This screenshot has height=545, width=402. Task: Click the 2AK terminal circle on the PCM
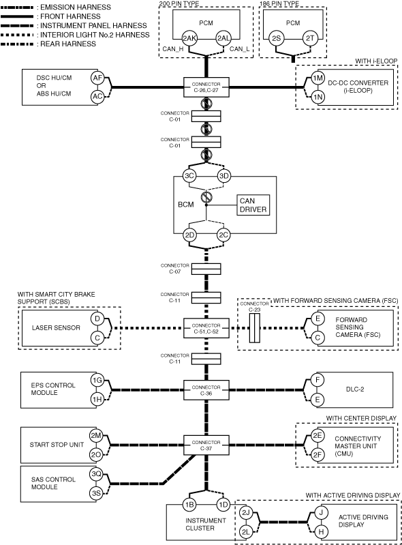[x=189, y=38]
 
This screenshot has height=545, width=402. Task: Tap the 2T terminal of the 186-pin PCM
[x=309, y=38]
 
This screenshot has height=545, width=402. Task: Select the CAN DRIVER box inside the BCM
[x=253, y=205]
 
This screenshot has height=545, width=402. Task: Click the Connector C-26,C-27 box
[x=206, y=87]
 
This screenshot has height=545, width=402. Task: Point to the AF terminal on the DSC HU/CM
[x=97, y=78]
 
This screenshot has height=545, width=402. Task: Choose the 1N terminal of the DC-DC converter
[x=318, y=97]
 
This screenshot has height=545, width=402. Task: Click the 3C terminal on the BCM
[x=189, y=176]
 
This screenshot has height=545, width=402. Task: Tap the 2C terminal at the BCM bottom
[x=223, y=235]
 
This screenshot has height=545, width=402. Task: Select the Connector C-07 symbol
[x=206, y=269]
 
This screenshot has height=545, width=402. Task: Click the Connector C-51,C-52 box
[x=206, y=328]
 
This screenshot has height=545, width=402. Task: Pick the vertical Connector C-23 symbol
[x=254, y=328]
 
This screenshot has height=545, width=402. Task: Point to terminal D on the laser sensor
[x=97, y=319]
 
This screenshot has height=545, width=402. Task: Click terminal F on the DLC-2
[x=318, y=380]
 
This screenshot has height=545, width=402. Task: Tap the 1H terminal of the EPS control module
[x=97, y=399]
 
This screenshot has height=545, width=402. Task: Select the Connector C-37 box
[x=206, y=445]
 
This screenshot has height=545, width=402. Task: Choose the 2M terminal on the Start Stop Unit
[x=96, y=435]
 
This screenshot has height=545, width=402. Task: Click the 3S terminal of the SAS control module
[x=96, y=493]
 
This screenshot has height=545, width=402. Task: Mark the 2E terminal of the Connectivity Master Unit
[x=318, y=436]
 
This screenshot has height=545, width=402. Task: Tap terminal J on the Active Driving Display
[x=321, y=512]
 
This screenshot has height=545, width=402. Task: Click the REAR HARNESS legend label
[x=68, y=44]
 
